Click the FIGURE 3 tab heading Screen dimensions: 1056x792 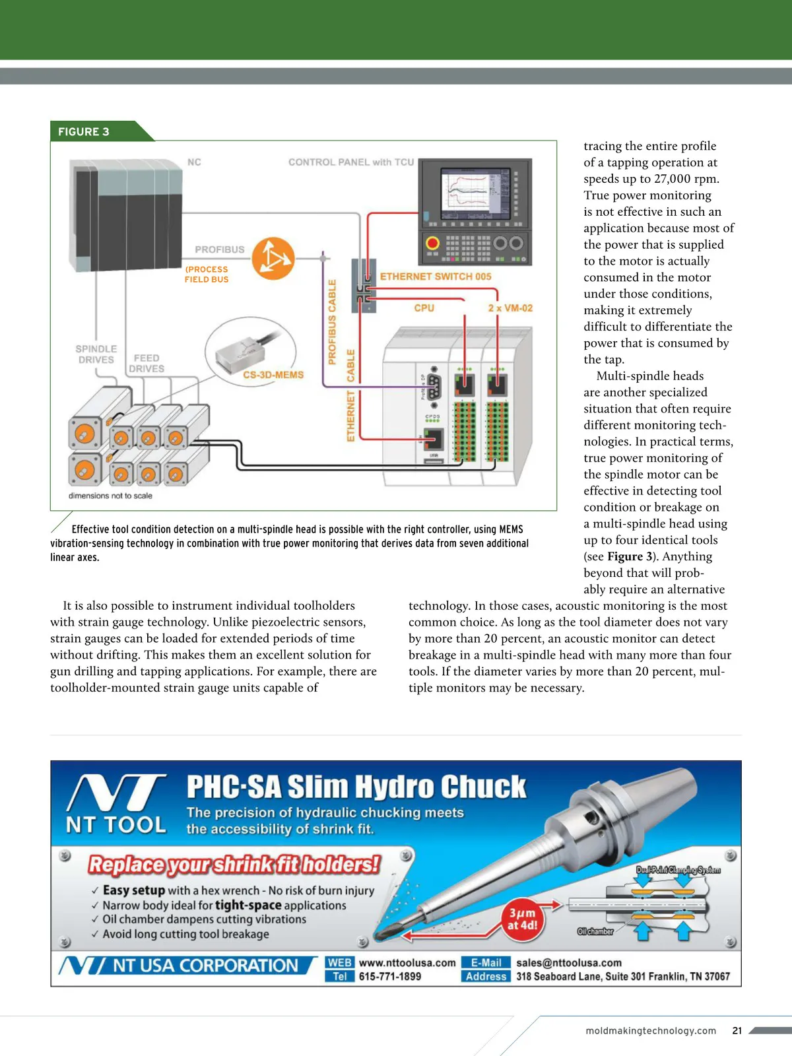84,131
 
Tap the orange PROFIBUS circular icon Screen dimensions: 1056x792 273,258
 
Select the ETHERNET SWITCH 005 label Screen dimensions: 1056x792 436,277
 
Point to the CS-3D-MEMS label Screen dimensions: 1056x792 273,375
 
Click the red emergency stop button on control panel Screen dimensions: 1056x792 433,243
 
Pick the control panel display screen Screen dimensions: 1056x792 475,195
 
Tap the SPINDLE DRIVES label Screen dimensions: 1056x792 96,354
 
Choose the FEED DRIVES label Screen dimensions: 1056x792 147,363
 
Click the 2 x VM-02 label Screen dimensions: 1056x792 510,308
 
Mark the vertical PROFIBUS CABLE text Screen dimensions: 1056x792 333,321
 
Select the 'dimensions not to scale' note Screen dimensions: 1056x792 110,496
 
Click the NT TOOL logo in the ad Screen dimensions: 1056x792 116,805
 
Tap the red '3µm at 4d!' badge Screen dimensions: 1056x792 522,919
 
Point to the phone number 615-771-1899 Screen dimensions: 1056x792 390,977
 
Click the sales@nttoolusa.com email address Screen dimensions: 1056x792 569,963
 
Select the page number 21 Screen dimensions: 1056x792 737,1030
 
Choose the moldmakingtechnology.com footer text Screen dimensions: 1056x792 651,1031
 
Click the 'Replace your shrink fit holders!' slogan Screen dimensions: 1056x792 234,865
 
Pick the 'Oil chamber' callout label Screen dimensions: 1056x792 595,931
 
